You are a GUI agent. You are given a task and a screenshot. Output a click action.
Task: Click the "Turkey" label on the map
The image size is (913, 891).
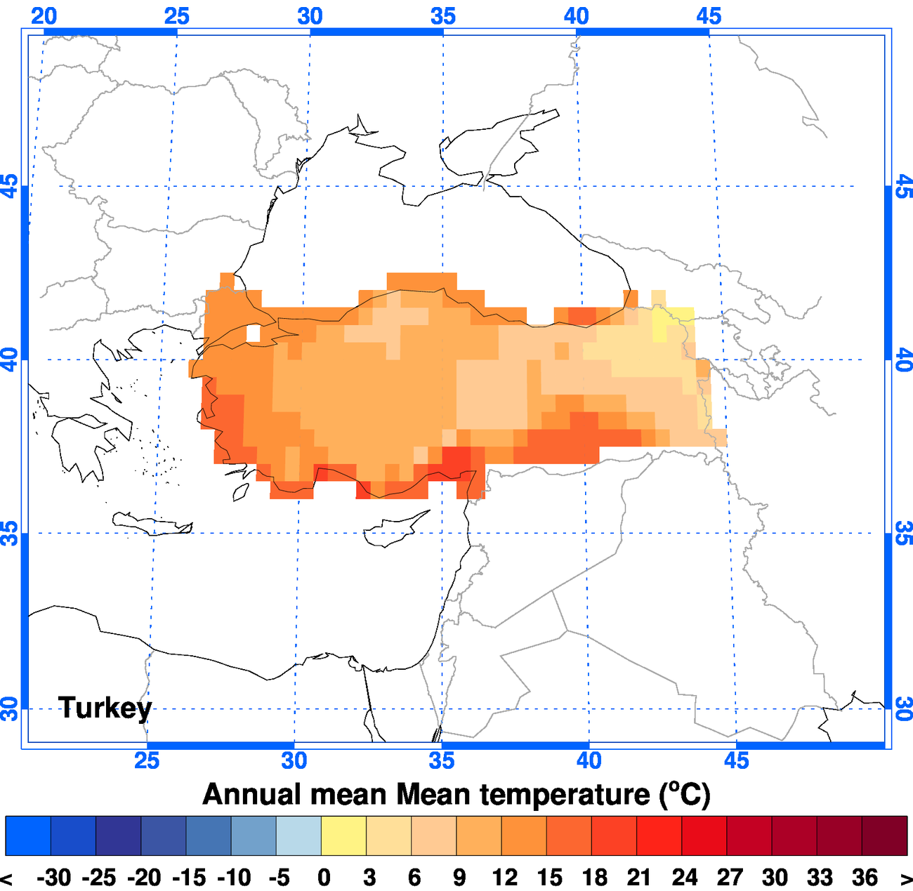pos(105,708)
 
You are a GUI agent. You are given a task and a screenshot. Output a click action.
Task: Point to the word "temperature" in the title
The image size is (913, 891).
pos(552,795)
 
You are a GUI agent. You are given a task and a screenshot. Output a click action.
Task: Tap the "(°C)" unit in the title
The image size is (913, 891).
pos(685,794)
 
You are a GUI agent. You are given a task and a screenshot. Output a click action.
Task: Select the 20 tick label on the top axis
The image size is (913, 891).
pos(44,16)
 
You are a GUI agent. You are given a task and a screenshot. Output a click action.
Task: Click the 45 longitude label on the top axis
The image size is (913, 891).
pos(709,16)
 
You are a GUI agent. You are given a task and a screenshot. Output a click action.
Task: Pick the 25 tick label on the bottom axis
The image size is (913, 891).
pos(147,760)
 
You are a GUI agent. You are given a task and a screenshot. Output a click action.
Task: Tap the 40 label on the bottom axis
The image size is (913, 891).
pos(589,760)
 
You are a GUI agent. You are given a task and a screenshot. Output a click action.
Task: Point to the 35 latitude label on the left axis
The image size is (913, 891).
pos(10,534)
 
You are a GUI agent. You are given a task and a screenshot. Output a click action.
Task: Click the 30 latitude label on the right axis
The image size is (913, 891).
pos(903,708)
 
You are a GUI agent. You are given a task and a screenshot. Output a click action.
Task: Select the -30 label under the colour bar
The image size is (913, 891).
pos(53,878)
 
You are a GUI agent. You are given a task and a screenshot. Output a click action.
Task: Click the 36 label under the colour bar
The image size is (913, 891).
pos(865,878)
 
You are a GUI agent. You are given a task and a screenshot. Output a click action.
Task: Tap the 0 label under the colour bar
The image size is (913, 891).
pos(324,878)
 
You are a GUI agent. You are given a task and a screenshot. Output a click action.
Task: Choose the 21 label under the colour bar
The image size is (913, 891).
pos(639,878)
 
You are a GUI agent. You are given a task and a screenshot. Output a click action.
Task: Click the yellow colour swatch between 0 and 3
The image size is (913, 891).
pos(343,835)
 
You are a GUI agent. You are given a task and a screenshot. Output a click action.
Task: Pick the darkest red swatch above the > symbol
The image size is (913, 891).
pos(884,835)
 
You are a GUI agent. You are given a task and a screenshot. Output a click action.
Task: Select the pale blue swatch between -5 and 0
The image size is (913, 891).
pos(298,835)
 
